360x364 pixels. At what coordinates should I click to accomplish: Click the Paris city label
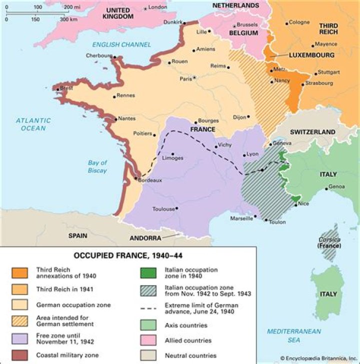click(x=185, y=78)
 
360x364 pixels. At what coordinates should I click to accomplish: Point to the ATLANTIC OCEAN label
click(x=33, y=124)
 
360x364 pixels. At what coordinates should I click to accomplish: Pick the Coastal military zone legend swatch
click(x=19, y=355)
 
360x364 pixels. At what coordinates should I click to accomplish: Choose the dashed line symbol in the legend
click(x=149, y=308)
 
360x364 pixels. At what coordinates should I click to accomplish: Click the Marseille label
click(x=241, y=219)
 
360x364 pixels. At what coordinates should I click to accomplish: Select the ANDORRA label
click(x=145, y=238)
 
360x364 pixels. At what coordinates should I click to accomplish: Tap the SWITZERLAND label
click(x=313, y=132)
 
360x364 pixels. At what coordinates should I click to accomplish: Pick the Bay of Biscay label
click(x=97, y=167)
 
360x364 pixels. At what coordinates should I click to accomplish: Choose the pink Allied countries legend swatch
click(x=149, y=341)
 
